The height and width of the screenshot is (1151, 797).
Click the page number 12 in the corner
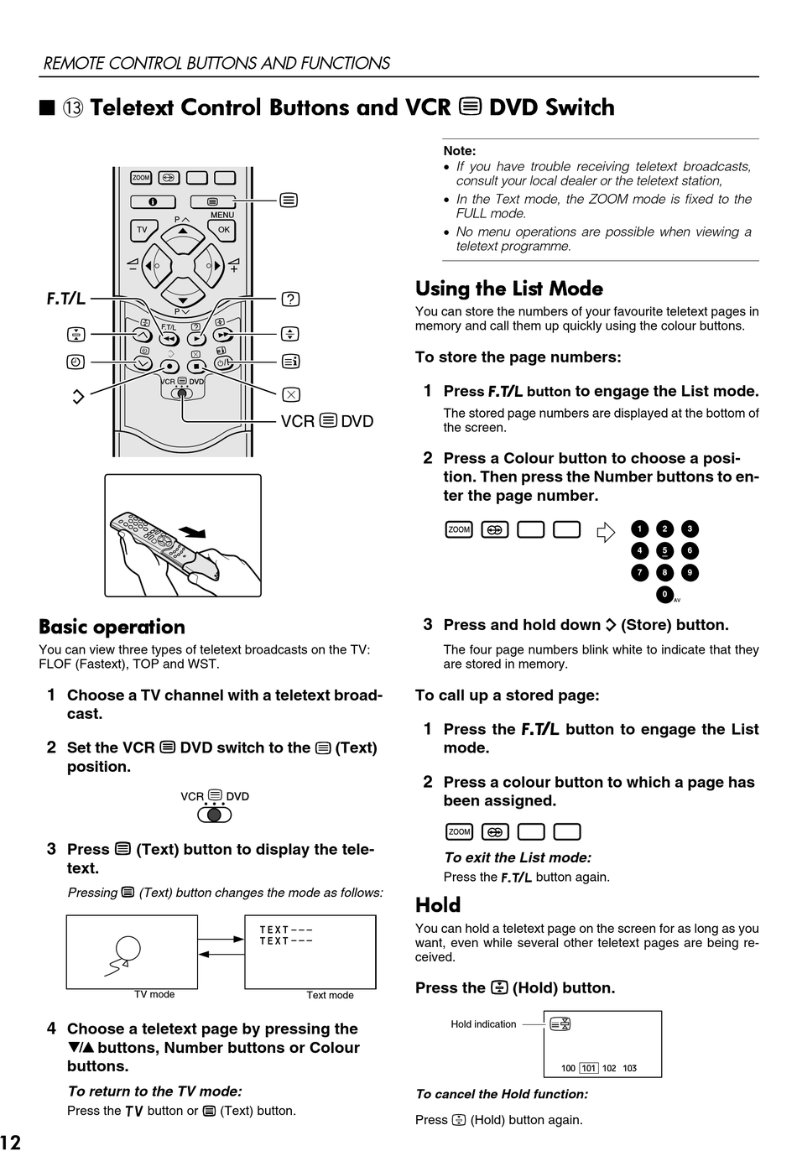click(12, 1141)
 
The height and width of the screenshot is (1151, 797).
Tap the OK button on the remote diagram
click(223, 230)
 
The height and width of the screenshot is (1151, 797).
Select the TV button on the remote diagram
click(142, 230)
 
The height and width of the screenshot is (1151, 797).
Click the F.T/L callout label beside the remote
click(65, 299)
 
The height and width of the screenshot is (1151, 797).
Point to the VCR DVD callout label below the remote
click(327, 421)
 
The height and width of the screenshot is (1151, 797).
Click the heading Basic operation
click(112, 628)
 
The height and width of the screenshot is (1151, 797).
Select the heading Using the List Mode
click(508, 289)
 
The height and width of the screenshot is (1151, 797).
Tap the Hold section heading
click(438, 905)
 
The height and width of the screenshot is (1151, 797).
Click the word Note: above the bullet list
click(460, 151)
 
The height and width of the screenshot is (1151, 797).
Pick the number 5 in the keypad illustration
click(664, 551)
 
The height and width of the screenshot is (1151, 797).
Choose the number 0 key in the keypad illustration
click(664, 595)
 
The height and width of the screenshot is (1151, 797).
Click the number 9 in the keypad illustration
click(690, 573)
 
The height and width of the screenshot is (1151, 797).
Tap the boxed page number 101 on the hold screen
click(589, 1069)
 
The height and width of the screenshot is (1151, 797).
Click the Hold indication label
click(483, 1024)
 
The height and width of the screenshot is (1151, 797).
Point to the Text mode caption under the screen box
click(330, 996)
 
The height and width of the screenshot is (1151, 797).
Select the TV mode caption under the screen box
click(154, 995)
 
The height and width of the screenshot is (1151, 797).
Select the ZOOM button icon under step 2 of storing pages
click(459, 529)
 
